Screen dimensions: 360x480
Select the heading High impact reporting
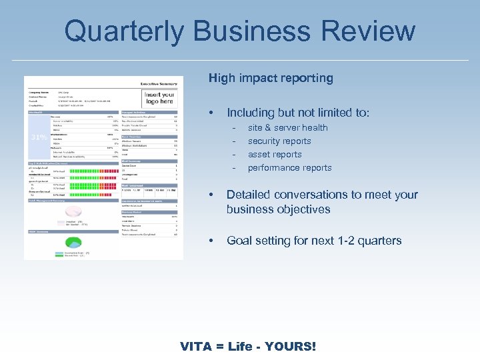pyautogui.click(x=271, y=78)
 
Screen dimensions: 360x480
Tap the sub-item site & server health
pyautogui.click(x=287, y=127)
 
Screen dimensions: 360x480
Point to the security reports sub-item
pyautogui.click(x=279, y=141)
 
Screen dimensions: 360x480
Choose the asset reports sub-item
pyautogui.click(x=275, y=154)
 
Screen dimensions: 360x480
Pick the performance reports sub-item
pyautogui.click(x=289, y=167)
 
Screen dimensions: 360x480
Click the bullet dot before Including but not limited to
pyautogui.click(x=211, y=113)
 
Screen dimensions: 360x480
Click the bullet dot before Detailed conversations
pyautogui.click(x=211, y=195)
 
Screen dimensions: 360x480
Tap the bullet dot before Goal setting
pyautogui.click(x=211, y=241)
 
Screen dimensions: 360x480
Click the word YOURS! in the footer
pyautogui.click(x=291, y=347)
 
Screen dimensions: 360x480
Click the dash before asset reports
pyautogui.click(x=234, y=154)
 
